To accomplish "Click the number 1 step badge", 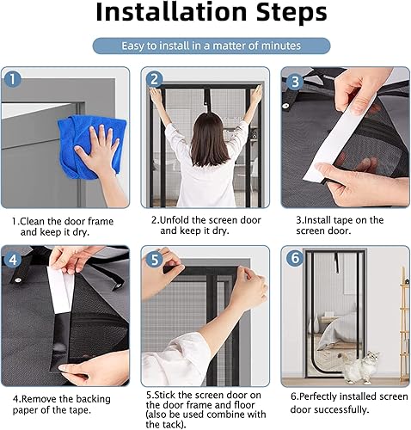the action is click(13, 79).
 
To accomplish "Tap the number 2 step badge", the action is click(155, 79).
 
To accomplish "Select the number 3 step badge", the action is click(295, 82).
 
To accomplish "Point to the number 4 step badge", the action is click(13, 260).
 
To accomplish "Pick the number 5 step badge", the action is click(155, 260).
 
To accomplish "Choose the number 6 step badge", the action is click(295, 258).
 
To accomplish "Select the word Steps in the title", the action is click(291, 13).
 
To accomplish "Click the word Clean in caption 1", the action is click(33, 221).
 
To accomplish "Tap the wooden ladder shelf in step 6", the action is click(404, 324).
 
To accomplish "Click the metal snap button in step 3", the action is click(285, 106).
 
